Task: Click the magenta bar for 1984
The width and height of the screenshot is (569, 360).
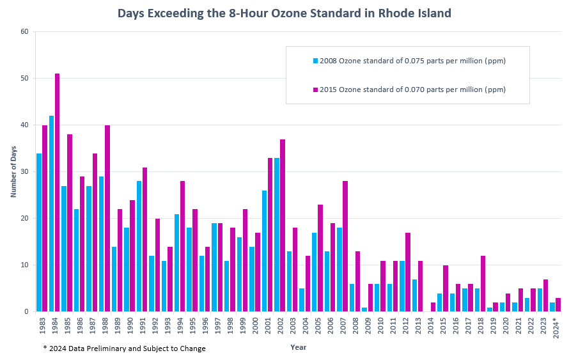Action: [x=57, y=192]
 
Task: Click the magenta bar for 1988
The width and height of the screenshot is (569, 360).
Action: [x=107, y=218]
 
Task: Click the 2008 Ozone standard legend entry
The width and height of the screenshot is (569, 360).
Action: [x=409, y=61]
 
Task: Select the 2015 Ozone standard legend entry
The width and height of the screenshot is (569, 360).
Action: [x=409, y=90]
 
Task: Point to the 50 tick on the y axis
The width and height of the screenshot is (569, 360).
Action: [x=26, y=79]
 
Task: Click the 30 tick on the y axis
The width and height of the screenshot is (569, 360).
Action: [x=26, y=172]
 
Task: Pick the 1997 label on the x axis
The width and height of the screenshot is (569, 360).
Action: [x=217, y=326]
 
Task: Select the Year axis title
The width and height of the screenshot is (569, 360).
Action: [x=299, y=347]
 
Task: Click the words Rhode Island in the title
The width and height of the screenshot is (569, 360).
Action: [x=422, y=13]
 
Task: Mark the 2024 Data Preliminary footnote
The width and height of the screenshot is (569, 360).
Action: [x=125, y=348]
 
